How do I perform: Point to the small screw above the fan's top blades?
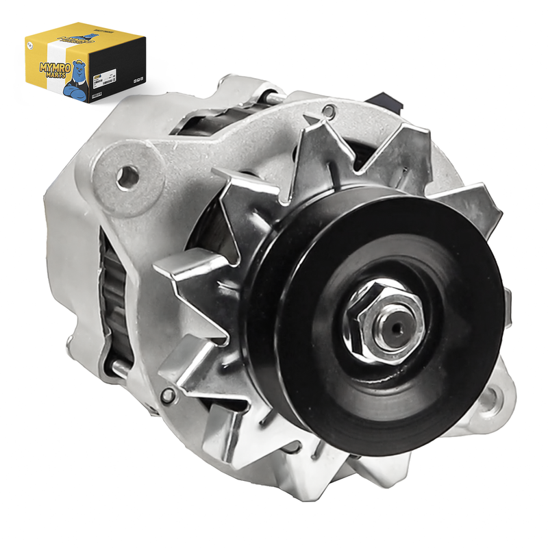pos(332,110)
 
